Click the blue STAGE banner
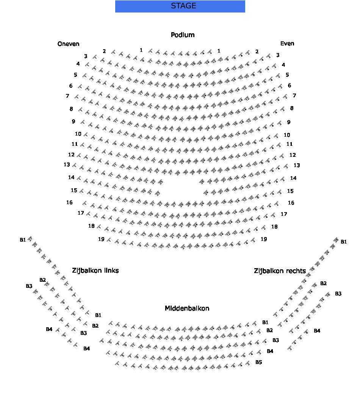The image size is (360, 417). [x=180, y=6]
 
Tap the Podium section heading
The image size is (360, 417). [x=183, y=35]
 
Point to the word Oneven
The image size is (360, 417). [x=69, y=44]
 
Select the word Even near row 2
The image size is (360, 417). [x=287, y=44]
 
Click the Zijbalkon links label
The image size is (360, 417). [x=95, y=270]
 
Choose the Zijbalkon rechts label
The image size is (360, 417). [x=280, y=271]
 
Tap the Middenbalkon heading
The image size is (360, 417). [x=187, y=308]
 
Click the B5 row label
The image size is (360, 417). [x=258, y=362]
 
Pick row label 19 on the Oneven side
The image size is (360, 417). [x=101, y=239]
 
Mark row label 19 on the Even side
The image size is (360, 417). [x=264, y=239]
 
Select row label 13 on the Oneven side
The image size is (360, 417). [x=67, y=165]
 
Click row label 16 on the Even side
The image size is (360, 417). [x=291, y=203]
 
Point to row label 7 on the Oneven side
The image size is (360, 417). [x=67, y=96]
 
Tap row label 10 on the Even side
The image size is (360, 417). [x=287, y=135]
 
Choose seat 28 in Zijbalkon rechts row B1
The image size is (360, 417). [x=336, y=240]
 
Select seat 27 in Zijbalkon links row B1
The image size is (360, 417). [x=30, y=239]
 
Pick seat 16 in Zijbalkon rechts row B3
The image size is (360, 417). [x=328, y=294]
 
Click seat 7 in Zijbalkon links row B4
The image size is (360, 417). [x=58, y=330]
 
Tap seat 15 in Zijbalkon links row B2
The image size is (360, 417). [x=47, y=284]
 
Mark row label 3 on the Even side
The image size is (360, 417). [x=278, y=55]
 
